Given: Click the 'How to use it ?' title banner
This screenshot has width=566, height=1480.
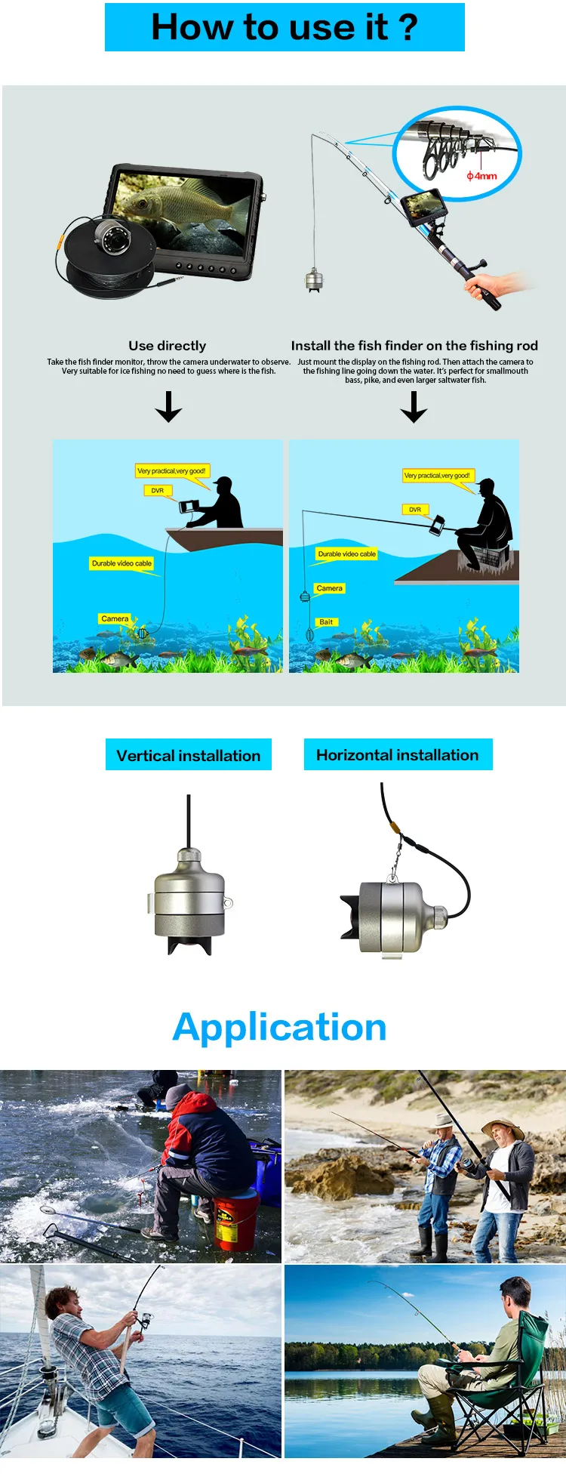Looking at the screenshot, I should (x=285, y=27).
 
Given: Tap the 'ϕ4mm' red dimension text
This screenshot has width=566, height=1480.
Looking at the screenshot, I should (x=481, y=176).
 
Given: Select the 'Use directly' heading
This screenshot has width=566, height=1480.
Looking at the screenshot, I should (x=167, y=346).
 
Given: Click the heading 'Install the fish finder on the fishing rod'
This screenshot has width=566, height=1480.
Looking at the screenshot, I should (x=414, y=346).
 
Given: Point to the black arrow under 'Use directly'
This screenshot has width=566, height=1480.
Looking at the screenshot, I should (x=168, y=406).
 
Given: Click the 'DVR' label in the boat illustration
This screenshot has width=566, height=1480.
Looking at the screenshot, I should (x=158, y=491).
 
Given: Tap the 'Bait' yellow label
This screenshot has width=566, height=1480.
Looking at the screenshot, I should (x=326, y=622).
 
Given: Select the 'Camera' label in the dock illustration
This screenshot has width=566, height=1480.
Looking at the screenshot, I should (x=330, y=588).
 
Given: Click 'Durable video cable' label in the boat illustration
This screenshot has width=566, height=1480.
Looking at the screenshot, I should (x=122, y=563).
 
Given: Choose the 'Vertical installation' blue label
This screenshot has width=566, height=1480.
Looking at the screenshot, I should (x=189, y=755).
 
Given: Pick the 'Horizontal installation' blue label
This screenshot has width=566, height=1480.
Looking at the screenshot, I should (x=398, y=755).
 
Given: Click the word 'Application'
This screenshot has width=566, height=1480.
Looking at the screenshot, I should (x=280, y=1028).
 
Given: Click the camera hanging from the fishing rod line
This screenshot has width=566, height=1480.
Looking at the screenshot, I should (x=314, y=280).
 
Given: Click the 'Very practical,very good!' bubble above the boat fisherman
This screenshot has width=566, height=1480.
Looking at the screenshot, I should (x=171, y=471).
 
